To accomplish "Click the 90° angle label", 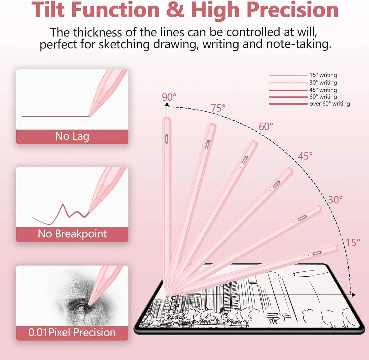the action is [x=169, y=97].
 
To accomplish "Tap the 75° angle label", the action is [x=218, y=108].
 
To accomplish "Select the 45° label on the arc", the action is [x=305, y=156].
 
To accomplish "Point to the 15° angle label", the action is [x=353, y=242].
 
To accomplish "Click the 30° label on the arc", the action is [x=335, y=200].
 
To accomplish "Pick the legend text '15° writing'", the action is [x=323, y=75].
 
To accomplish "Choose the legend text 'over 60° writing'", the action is [x=330, y=104].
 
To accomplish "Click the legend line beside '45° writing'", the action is [x=288, y=90].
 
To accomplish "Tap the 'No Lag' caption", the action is [x=72, y=136].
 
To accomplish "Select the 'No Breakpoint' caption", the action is [x=72, y=234].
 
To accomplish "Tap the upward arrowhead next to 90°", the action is [x=167, y=104].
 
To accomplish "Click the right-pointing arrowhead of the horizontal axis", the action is [x=354, y=295].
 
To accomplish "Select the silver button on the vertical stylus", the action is [x=167, y=139].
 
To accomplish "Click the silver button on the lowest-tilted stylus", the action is [x=317, y=253].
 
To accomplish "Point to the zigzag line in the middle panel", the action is [x=61, y=214].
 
